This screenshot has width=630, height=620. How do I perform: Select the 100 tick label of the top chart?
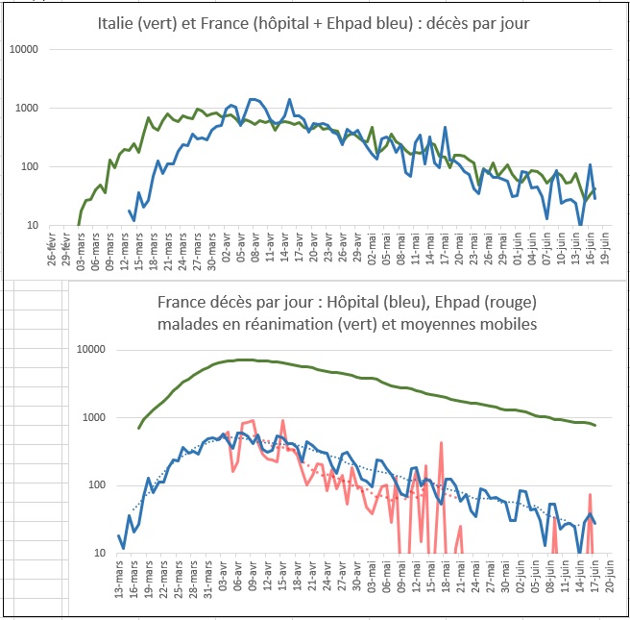pyautogui.click(x=31, y=167)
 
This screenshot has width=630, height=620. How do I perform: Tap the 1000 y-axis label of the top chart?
pyautogui.click(x=28, y=109)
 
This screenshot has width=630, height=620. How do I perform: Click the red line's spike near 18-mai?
pyautogui.click(x=440, y=443)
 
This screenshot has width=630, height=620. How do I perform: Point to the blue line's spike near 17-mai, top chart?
pyautogui.click(x=445, y=128)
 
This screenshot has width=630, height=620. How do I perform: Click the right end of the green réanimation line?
pyautogui.click(x=594, y=425)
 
